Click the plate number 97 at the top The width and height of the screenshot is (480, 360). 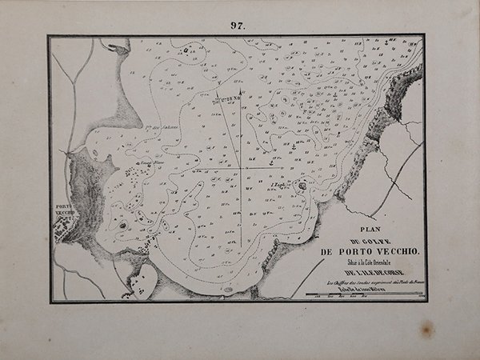pyautogui.click(x=238, y=26)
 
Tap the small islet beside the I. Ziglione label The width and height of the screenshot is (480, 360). pyautogui.click(x=302, y=186)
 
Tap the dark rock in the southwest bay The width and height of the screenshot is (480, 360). pyautogui.click(x=122, y=226)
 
